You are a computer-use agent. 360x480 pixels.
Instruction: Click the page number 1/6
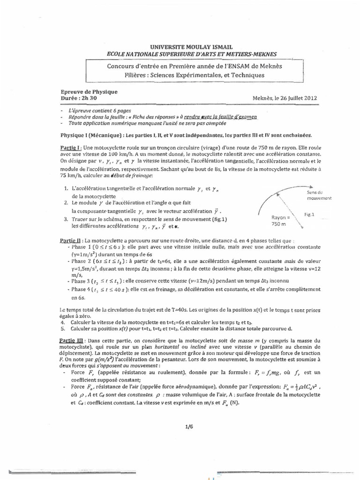coord(189,426)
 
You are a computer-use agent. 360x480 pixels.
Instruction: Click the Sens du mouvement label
coord(320,195)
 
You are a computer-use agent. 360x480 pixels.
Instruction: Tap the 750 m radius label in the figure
coord(281,221)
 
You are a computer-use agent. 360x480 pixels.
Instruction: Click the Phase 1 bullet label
coord(83,246)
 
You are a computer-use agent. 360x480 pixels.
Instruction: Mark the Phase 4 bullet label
coord(83,290)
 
